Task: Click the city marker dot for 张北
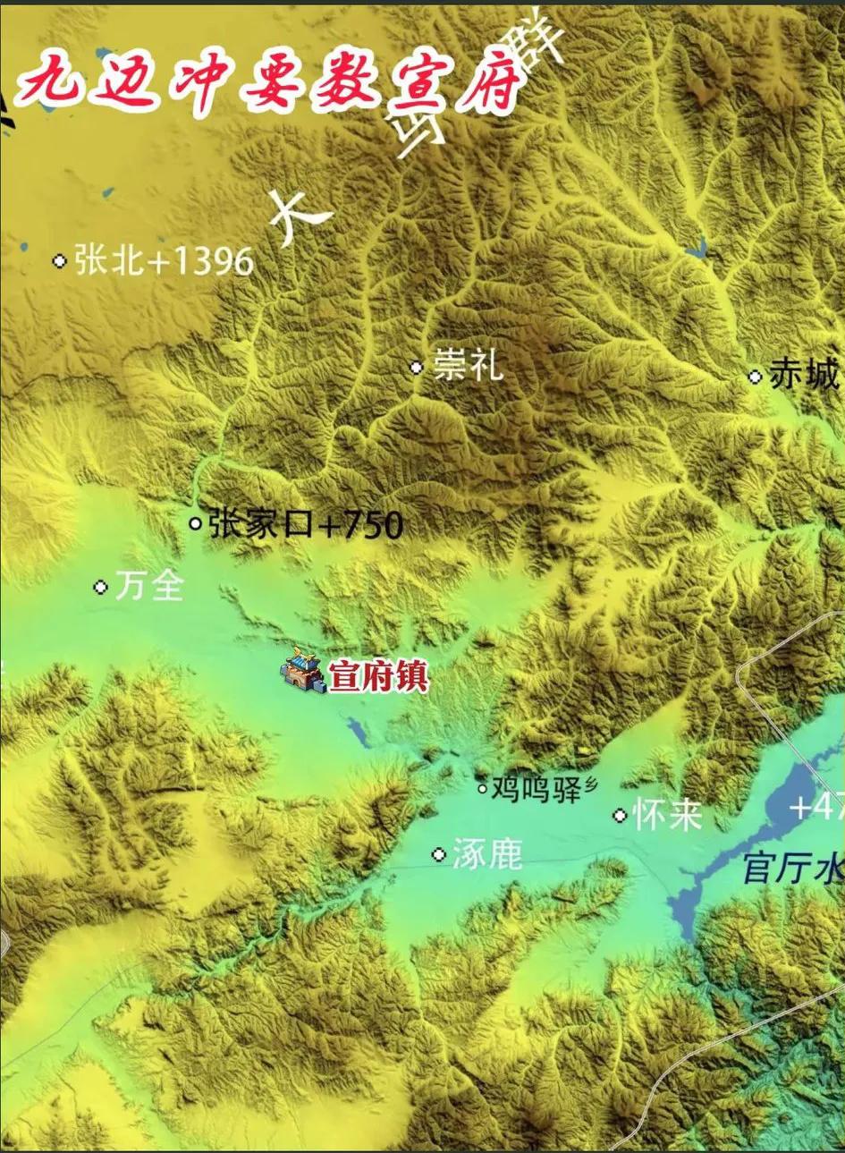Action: (x=60, y=261)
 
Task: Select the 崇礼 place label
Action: (x=468, y=366)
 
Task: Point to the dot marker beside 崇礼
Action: (x=416, y=367)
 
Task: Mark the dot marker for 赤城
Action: (x=755, y=377)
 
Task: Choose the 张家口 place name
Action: (x=261, y=524)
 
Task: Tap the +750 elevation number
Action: (x=360, y=525)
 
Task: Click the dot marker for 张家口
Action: (x=196, y=523)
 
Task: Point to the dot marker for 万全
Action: (x=100, y=587)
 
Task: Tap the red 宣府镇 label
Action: (x=378, y=677)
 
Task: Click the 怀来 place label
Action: (x=667, y=815)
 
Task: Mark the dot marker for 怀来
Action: (x=620, y=815)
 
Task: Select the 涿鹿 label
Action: (x=486, y=855)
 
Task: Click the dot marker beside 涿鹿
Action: (x=438, y=854)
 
